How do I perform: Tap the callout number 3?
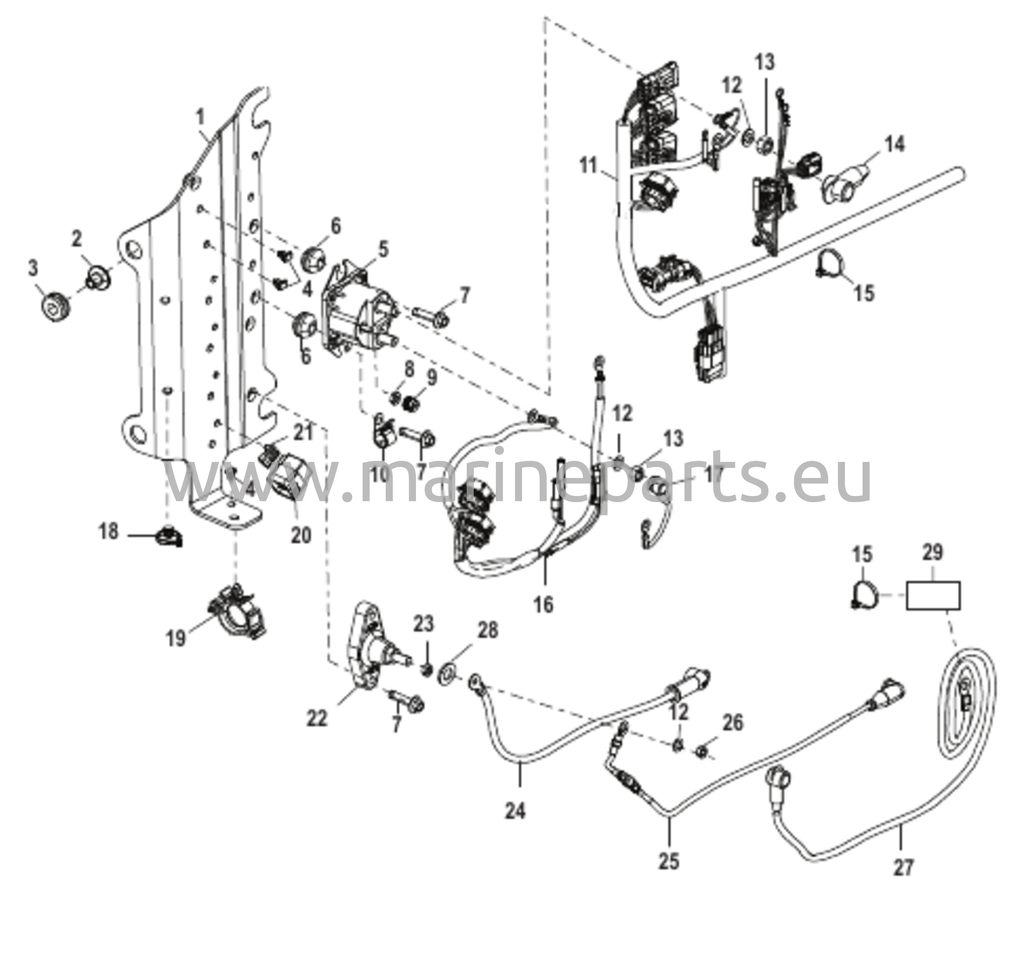click(x=33, y=269)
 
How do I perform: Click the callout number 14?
click(x=895, y=144)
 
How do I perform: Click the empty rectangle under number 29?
click(x=932, y=596)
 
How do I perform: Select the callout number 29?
click(x=932, y=552)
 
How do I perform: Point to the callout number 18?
click(x=109, y=531)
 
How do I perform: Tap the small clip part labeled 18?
click(x=168, y=537)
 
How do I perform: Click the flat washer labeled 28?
click(x=447, y=673)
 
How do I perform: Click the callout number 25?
click(x=669, y=861)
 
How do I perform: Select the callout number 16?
click(x=544, y=604)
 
